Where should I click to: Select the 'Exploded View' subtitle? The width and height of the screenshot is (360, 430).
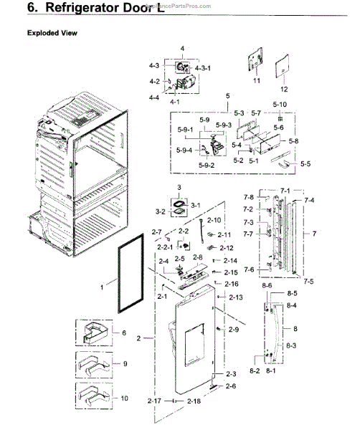point(52,33)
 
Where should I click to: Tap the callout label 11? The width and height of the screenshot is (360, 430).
point(256,82)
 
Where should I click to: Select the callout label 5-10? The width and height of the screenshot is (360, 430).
point(279,105)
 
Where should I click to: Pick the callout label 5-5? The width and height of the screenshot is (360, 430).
point(305,163)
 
